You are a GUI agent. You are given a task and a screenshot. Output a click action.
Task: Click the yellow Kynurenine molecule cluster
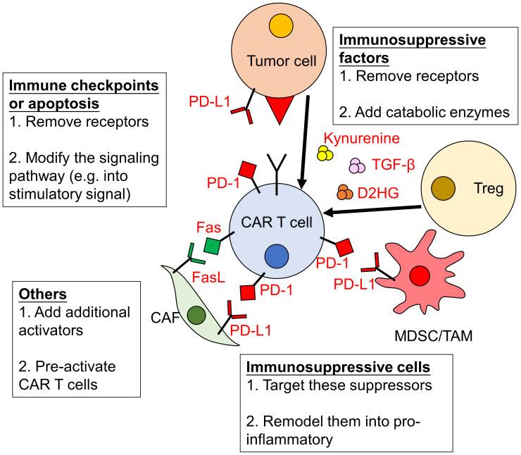tap(325, 154)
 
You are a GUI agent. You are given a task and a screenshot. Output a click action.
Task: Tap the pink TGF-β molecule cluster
tap(357, 166)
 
